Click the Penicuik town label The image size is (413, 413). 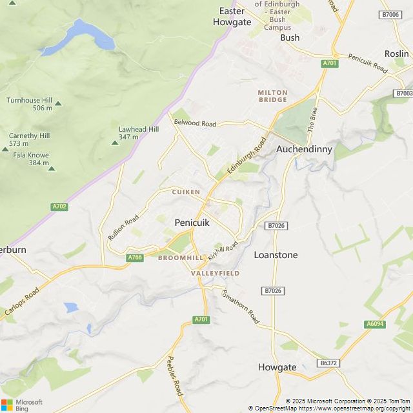pyautogui.click(x=192, y=222)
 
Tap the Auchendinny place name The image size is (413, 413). pyautogui.click(x=304, y=148)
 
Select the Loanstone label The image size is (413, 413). pyautogui.click(x=276, y=255)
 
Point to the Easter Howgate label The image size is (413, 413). pyautogui.click(x=232, y=16)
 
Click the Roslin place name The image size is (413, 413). pyautogui.click(x=396, y=54)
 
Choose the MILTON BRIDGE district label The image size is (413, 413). pyautogui.click(x=272, y=96)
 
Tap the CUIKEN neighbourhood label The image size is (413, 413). pyautogui.click(x=186, y=192)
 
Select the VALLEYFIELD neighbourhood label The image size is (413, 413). pyautogui.click(x=215, y=274)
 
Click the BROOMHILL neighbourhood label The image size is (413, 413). pyautogui.click(x=181, y=257)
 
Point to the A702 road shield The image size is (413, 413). pyautogui.click(x=59, y=206)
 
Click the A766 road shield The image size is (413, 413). pyautogui.click(x=135, y=257)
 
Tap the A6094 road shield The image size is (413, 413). pyautogui.click(x=374, y=324)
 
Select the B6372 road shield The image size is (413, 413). pyautogui.click(x=328, y=363)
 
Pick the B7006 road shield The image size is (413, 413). pyautogui.click(x=390, y=14)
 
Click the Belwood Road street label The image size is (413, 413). pyautogui.click(x=195, y=123)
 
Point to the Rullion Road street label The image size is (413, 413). pyautogui.click(x=123, y=228)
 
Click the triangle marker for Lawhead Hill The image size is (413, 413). pyautogui.click(x=116, y=143)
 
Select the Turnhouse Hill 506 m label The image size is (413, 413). pyautogui.click(x=30, y=104)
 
